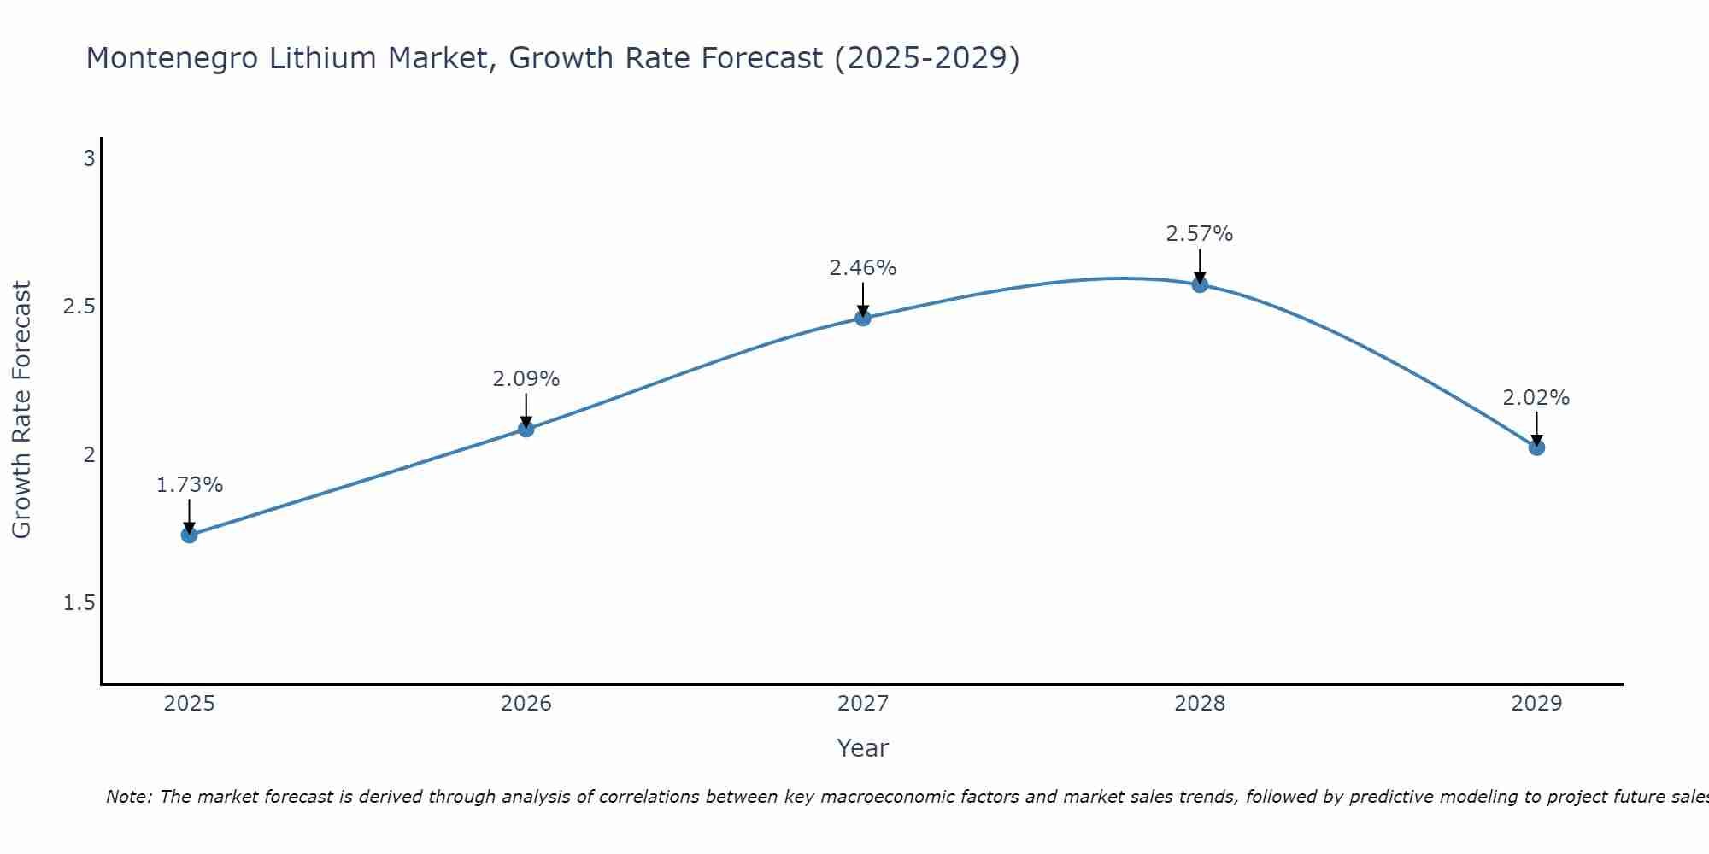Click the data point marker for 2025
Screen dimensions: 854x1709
(189, 535)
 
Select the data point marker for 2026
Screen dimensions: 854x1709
(526, 429)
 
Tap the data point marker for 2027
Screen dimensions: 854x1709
(863, 319)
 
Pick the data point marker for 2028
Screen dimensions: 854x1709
(1200, 284)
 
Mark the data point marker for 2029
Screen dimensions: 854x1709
(1536, 447)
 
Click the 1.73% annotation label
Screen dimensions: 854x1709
(189, 485)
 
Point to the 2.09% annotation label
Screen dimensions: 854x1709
(526, 379)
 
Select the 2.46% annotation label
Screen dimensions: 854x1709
(863, 268)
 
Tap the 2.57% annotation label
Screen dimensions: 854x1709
(1200, 234)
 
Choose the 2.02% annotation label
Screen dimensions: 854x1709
(1536, 398)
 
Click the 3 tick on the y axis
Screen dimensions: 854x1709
(89, 159)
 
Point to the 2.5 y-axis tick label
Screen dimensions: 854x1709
(79, 307)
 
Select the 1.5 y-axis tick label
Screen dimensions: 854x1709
(79, 603)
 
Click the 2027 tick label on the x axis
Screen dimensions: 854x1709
(863, 704)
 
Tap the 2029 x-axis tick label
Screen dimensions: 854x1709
(1536, 704)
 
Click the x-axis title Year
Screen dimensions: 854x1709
(863, 748)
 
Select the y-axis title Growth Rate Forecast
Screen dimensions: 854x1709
(22, 410)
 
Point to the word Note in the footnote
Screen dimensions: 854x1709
(128, 797)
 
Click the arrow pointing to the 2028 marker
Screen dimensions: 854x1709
(1200, 265)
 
